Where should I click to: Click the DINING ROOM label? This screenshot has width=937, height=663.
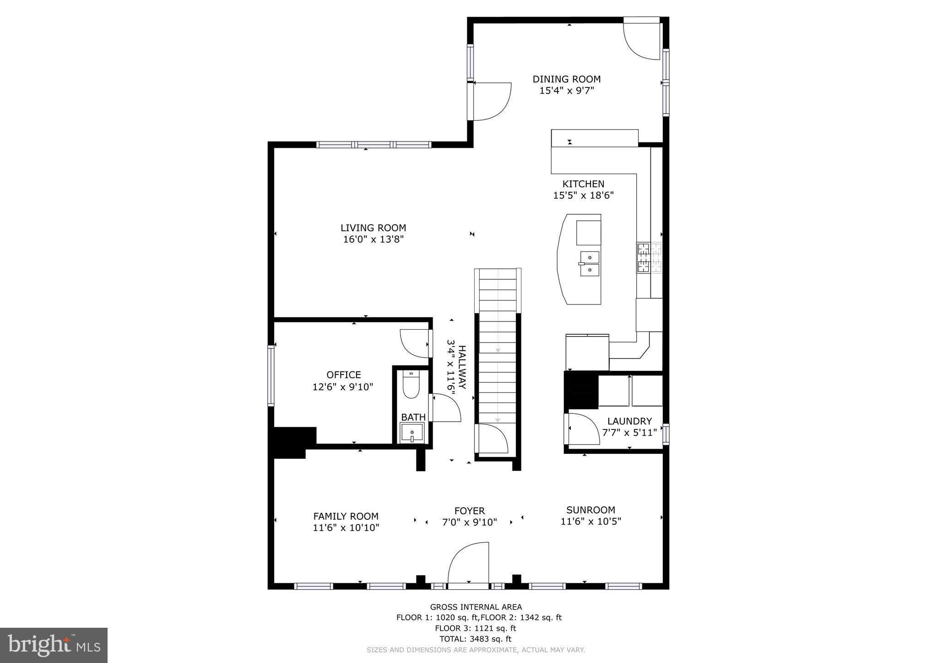click(566, 79)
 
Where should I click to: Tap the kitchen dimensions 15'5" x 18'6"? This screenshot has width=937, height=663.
click(583, 196)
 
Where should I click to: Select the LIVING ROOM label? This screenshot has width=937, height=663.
click(373, 228)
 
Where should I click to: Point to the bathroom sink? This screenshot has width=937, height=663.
click(412, 433)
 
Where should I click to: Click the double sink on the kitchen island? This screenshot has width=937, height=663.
click(590, 264)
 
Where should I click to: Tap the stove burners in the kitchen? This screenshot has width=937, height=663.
click(644, 258)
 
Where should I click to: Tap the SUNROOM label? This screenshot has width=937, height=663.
click(590, 510)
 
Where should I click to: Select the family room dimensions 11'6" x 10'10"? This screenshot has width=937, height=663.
click(346, 527)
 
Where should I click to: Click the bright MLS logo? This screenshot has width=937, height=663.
click(54, 645)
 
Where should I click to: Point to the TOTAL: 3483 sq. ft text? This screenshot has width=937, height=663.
click(475, 639)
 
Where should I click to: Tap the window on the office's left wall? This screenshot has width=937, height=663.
click(271, 376)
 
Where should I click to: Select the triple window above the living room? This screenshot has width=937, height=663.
click(374, 145)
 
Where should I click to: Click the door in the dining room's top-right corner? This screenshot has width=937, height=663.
click(642, 40)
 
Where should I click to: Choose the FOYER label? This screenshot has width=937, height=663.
click(469, 511)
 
